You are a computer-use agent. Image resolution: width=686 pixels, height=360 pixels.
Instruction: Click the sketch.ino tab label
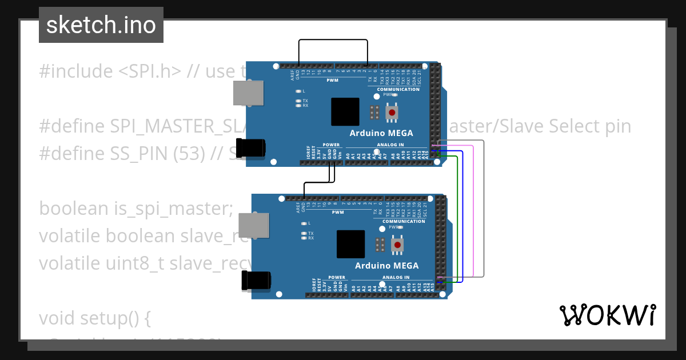[101, 25]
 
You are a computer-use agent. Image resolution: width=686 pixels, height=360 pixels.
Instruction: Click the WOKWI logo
[607, 315]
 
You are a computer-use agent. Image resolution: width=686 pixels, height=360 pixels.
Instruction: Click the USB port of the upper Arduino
[249, 93]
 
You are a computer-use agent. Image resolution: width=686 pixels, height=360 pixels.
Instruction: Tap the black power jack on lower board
[257, 281]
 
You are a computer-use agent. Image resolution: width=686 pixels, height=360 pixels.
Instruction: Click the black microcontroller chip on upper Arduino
[345, 112]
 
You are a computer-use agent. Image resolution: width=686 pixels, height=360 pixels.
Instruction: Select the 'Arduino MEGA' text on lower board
[387, 266]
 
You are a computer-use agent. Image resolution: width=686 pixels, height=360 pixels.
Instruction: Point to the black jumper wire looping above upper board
[333, 40]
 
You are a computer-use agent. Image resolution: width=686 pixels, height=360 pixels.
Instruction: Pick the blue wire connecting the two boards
[462, 217]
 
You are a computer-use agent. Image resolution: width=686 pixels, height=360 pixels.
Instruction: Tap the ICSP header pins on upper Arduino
[374, 112]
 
